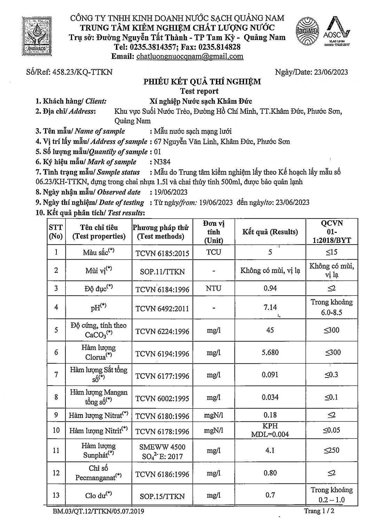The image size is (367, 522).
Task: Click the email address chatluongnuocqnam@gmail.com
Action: point(190,56)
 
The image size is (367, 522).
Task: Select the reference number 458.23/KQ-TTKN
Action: point(82,72)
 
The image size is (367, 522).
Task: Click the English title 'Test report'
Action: point(199,91)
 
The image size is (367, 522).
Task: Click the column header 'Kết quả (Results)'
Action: point(270,232)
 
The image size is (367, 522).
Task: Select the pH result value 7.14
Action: point(270,307)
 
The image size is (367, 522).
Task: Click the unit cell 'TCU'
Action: point(213,252)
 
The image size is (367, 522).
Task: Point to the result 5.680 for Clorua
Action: point(270,353)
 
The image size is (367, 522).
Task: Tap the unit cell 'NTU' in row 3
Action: point(213,288)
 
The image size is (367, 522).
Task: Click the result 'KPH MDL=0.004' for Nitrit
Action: point(270,430)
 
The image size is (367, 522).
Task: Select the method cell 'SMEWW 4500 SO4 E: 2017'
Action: point(162,451)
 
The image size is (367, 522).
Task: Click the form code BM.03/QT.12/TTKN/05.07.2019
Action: point(99,511)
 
